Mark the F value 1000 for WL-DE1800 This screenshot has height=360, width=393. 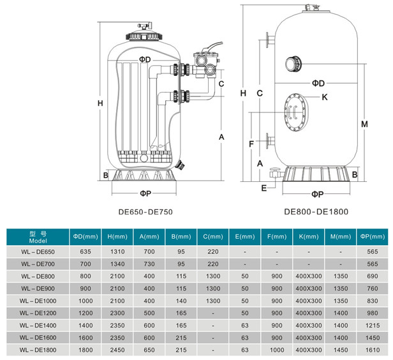(x=276, y=350)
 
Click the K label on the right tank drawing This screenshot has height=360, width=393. (x=324, y=97)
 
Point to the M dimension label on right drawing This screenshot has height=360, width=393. (x=364, y=124)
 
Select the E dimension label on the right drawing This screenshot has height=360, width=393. (x=264, y=187)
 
